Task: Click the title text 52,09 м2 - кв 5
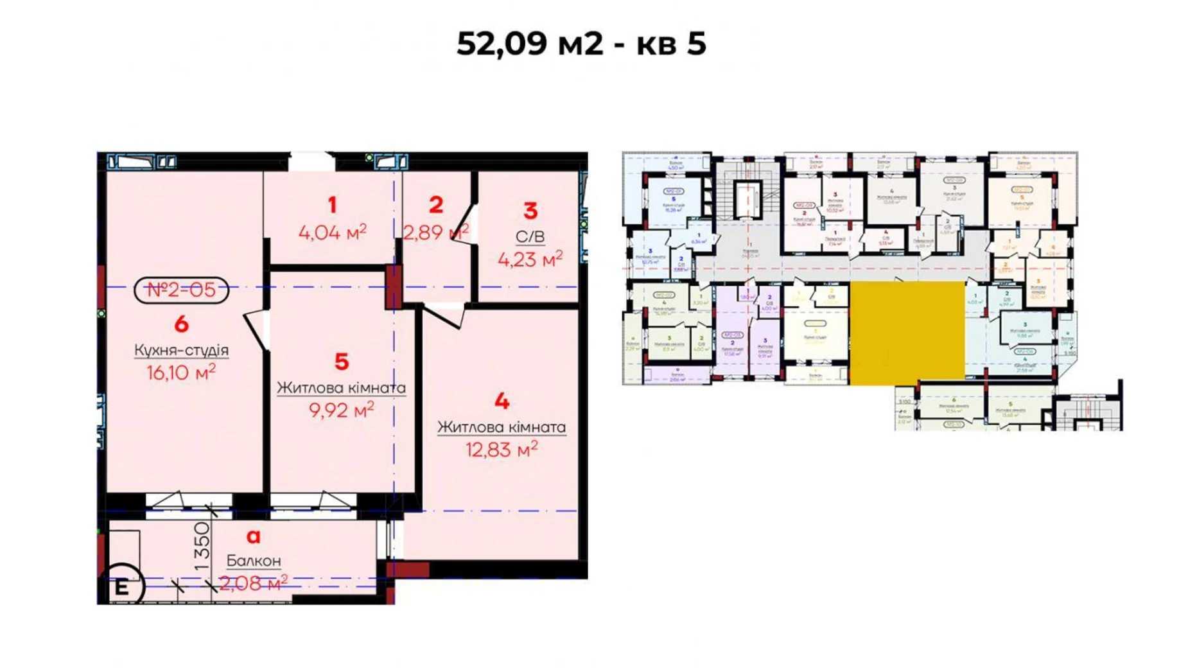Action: [581, 44]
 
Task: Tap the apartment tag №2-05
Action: [181, 290]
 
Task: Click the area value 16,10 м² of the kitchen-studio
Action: [180, 372]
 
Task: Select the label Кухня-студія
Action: [181, 350]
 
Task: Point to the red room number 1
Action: [332, 205]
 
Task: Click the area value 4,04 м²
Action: [332, 232]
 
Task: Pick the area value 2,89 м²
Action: [435, 232]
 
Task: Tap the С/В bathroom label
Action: [530, 236]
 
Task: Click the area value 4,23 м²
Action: [530, 259]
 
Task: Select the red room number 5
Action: [342, 362]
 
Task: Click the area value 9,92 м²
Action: [341, 410]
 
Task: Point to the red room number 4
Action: [502, 401]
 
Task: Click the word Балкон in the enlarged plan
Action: [254, 561]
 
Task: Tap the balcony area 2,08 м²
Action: [253, 583]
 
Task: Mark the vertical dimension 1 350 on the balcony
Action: [202, 546]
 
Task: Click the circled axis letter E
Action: [121, 586]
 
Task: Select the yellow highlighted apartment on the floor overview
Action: [906, 333]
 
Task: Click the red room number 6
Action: [181, 324]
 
